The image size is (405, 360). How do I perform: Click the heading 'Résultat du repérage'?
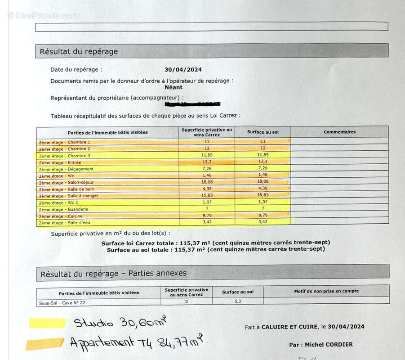(x=79, y=51)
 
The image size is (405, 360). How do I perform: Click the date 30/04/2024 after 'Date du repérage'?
(x=183, y=69)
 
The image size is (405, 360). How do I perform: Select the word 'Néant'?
(x=174, y=87)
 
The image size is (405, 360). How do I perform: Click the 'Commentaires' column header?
(x=339, y=132)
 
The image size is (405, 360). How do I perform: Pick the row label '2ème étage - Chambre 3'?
(x=64, y=156)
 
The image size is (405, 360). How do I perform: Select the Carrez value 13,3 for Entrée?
(x=207, y=162)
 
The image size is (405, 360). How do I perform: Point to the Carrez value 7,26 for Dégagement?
(x=207, y=169)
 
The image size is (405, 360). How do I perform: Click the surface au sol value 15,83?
(x=263, y=196)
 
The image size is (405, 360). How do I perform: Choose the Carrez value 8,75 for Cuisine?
(x=207, y=216)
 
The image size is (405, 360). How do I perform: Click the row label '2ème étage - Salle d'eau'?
(x=65, y=223)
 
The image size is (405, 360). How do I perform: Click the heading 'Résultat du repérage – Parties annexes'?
(x=113, y=273)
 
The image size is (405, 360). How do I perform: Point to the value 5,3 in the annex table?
(x=238, y=301)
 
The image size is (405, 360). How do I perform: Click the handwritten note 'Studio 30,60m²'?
(x=120, y=322)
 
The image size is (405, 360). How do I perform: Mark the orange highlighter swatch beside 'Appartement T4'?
(x=45, y=344)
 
